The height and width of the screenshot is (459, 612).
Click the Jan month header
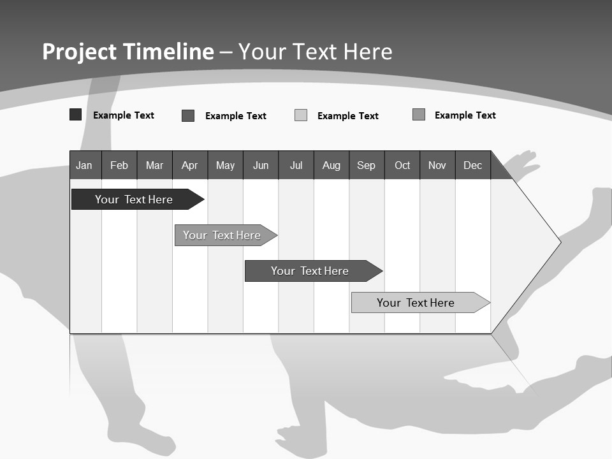coord(84,166)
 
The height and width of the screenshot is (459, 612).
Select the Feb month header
coord(119,166)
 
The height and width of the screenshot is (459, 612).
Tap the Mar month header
coord(154,166)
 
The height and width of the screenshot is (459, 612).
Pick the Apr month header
coord(189,166)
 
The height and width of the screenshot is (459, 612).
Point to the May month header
coord(225,166)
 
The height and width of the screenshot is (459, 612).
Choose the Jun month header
coord(261,166)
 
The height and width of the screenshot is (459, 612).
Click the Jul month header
coord(296,166)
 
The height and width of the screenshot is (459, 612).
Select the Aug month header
coord(331,166)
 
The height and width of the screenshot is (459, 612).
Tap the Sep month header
coord(366,166)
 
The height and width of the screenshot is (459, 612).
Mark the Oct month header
coord(402,166)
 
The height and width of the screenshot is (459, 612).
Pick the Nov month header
coord(437,166)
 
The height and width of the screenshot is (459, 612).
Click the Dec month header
coord(472,166)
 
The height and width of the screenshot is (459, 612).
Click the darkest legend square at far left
coord(75,115)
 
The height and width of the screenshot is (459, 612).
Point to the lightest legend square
coord(301,115)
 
